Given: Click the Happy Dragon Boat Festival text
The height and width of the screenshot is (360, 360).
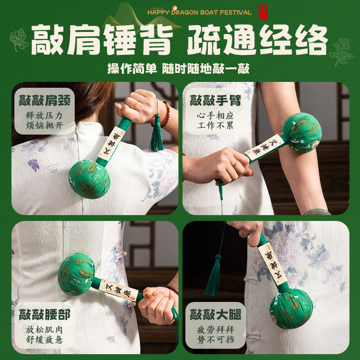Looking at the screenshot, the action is coord(199,13).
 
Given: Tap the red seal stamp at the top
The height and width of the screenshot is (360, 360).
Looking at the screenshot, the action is coord(263,13).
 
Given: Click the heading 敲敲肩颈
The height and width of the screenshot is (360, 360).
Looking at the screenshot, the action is coord(45,100).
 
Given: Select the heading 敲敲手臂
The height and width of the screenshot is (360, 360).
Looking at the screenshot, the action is coord(216,100).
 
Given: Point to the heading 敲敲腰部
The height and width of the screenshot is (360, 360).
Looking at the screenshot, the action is coord(45,315).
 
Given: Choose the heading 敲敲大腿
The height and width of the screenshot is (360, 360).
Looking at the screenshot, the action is coord(216,315).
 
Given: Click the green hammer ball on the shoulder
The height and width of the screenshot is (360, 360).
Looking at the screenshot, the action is coord(89,179).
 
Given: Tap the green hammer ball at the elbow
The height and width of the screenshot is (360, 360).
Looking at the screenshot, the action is coord(301,132).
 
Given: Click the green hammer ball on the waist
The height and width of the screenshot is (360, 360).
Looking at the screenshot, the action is coord(76,274).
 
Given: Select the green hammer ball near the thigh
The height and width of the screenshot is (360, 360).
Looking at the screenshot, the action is coord(291,309).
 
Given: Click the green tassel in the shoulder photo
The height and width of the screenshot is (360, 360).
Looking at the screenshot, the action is coord(157,132).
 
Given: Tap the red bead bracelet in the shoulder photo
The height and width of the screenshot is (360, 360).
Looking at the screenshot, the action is coord(165,114).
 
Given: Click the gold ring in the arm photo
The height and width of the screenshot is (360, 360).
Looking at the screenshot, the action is coord(235,164).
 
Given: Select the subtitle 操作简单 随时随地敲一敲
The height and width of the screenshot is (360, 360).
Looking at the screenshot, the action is coord(178,68).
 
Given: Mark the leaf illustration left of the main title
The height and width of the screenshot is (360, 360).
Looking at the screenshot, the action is coord(19,40).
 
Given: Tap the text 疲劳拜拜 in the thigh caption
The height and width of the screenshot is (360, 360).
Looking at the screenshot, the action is coord(216,330).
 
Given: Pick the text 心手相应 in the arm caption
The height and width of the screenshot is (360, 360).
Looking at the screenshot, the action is coord(216,116).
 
